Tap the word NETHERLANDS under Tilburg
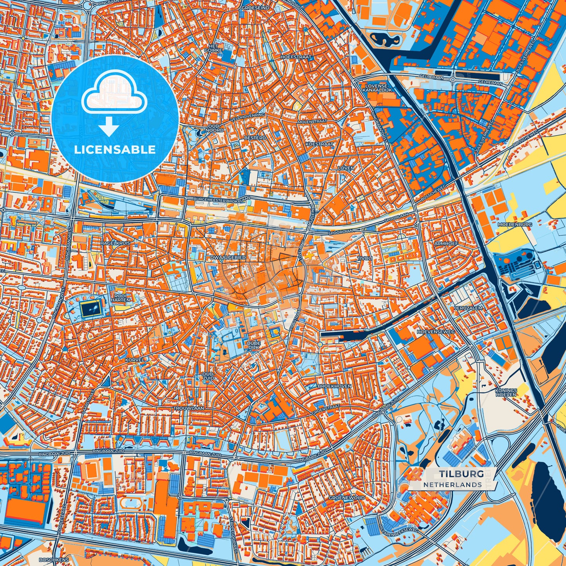click(x=452, y=485)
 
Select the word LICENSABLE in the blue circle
click(x=115, y=149)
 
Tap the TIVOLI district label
click(x=364, y=259)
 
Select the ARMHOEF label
click(x=446, y=244)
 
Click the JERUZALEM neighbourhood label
click(x=468, y=308)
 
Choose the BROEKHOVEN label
click(x=335, y=386)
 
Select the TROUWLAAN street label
click(x=189, y=408)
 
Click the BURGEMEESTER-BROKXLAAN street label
click(x=222, y=199)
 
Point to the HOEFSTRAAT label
click(x=296, y=57)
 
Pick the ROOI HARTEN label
click(x=120, y=297)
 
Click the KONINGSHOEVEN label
click(x=506, y=392)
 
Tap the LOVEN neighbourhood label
click(x=346, y=168)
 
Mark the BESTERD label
click(x=255, y=138)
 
